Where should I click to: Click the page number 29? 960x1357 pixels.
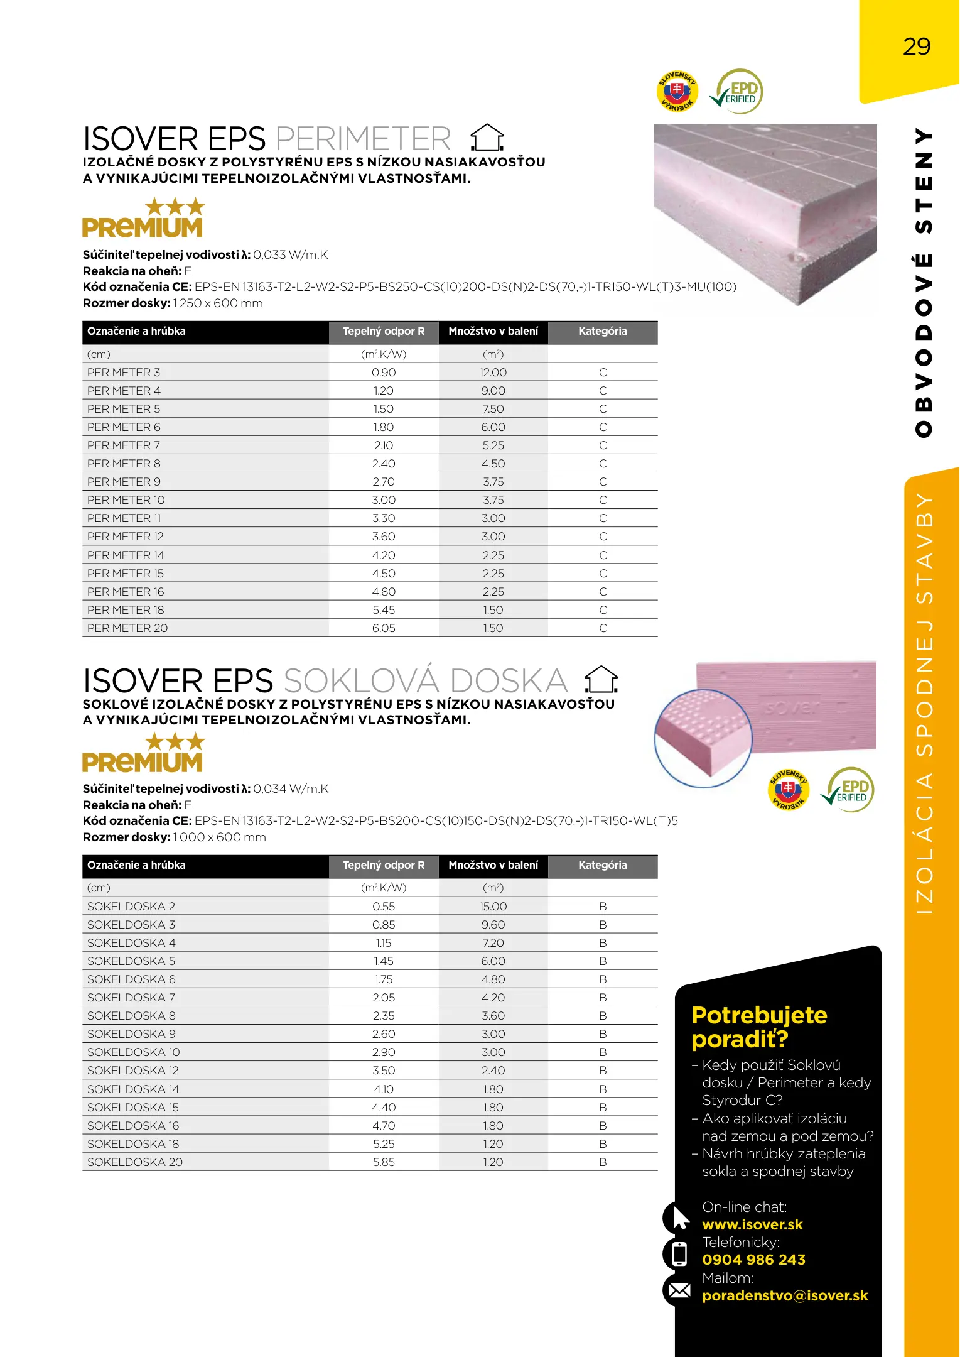(916, 47)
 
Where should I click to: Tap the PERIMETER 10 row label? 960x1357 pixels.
(126, 500)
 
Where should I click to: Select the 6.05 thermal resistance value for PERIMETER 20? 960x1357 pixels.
(384, 628)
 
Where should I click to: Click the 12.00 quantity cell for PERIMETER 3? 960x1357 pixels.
(493, 373)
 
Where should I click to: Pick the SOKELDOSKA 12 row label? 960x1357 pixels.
(133, 1071)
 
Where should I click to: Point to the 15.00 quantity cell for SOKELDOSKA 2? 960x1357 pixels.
(493, 907)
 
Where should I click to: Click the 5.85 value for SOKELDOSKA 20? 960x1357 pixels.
(384, 1162)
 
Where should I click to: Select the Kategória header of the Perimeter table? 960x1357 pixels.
(602, 332)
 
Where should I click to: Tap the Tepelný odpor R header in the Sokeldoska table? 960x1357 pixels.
(384, 865)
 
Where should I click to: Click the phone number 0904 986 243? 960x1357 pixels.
(753, 1260)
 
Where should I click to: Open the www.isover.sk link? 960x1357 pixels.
(752, 1224)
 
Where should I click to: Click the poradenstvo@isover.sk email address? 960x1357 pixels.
(785, 1295)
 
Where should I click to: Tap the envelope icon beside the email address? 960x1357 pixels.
(679, 1290)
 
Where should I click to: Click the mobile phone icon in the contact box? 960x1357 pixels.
(679, 1254)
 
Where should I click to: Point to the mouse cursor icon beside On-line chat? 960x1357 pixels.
(680, 1218)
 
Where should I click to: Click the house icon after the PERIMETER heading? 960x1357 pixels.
(487, 138)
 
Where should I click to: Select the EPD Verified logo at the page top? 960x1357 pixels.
(738, 92)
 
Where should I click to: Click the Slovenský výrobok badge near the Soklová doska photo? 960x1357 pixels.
(788, 790)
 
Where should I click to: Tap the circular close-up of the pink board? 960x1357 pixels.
(703, 738)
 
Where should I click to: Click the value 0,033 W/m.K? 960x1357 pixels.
(290, 255)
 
